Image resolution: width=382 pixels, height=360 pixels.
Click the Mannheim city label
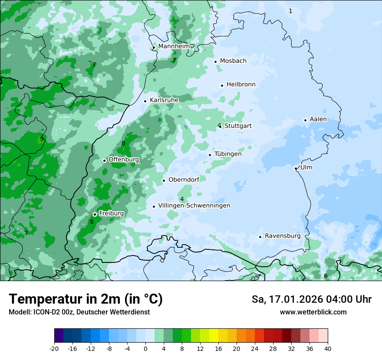174,46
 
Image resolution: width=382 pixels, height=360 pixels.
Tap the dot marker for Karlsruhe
145,101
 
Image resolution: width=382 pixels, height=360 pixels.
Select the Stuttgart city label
238,126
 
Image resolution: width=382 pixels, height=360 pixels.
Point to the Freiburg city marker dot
95,214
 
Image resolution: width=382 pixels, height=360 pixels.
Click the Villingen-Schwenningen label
194,206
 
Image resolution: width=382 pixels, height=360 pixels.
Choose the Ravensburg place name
283,236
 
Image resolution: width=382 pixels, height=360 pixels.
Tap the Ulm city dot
296,168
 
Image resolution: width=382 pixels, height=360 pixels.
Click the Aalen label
318,119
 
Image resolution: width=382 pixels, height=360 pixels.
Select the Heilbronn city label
241,85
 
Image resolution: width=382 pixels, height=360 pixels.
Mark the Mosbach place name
233,61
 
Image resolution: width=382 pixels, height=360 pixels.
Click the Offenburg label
124,160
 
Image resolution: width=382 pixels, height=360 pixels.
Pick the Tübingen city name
228,154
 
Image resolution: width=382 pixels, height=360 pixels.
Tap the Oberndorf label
184,180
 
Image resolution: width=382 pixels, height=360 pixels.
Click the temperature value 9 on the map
42,139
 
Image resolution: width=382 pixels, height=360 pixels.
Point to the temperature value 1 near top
290,11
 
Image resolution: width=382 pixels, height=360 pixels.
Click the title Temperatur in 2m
86,299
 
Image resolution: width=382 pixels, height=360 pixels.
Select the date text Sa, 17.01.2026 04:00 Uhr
311,299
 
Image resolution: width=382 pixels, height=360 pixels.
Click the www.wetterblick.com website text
313,312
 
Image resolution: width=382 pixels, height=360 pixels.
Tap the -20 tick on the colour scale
54,348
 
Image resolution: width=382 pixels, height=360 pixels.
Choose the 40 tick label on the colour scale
328,348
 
